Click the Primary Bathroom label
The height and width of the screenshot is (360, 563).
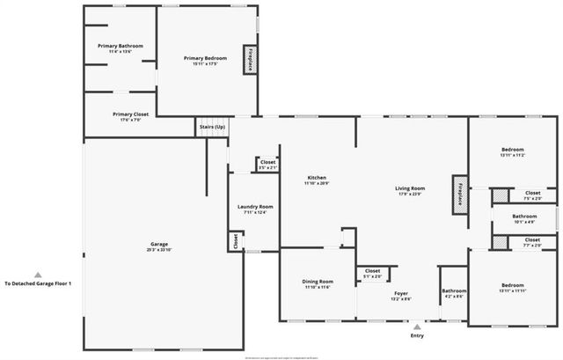tap(120, 46)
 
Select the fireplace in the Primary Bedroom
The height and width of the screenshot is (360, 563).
tap(250, 58)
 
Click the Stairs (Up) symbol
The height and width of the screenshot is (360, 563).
tap(210, 128)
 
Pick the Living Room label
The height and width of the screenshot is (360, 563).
tap(409, 188)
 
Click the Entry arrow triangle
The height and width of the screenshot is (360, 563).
tap(417, 327)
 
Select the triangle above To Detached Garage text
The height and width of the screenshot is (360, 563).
tap(38, 274)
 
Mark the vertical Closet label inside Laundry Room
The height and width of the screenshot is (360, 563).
tap(235, 240)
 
